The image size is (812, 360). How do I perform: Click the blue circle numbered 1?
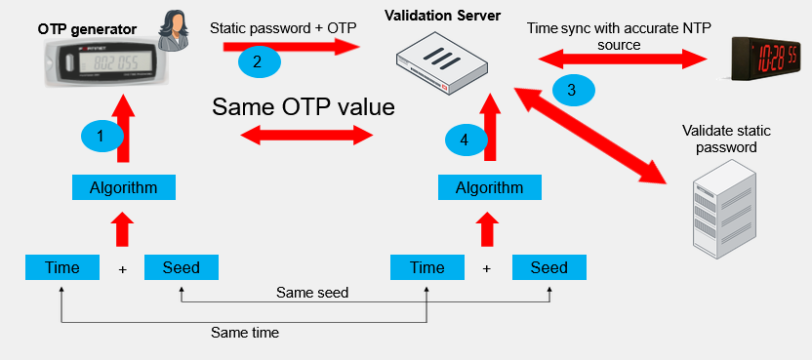click(102, 136)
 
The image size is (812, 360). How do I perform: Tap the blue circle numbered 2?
click(260, 61)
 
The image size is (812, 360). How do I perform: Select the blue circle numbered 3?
click(573, 90)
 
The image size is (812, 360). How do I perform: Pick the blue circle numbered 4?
click(467, 140)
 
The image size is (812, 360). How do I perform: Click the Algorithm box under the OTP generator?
click(123, 187)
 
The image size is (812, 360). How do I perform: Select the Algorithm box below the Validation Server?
click(489, 187)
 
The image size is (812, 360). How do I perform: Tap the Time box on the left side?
click(62, 267)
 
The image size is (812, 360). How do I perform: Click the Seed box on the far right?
click(548, 267)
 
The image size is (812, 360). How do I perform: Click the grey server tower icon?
click(724, 207)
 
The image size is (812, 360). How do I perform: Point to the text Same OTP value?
click(304, 107)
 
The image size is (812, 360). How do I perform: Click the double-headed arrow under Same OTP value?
click(307, 137)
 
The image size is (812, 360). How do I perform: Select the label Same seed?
click(312, 293)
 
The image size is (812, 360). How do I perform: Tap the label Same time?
click(244, 332)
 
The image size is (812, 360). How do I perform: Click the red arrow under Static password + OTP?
click(292, 47)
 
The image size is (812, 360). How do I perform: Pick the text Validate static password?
click(726, 139)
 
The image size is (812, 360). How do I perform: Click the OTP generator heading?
click(87, 29)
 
